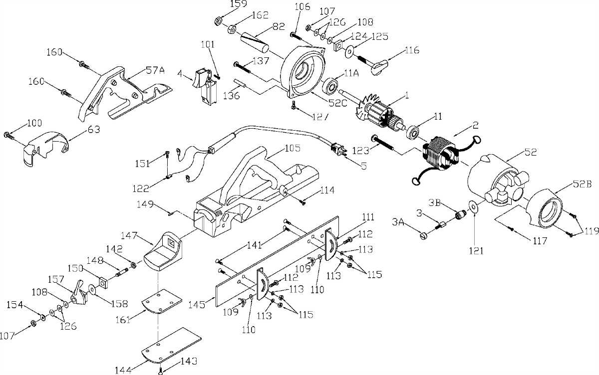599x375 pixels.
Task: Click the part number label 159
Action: [x=237, y=4]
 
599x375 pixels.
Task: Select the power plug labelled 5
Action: [x=338, y=148]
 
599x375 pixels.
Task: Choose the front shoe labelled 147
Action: [x=162, y=252]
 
